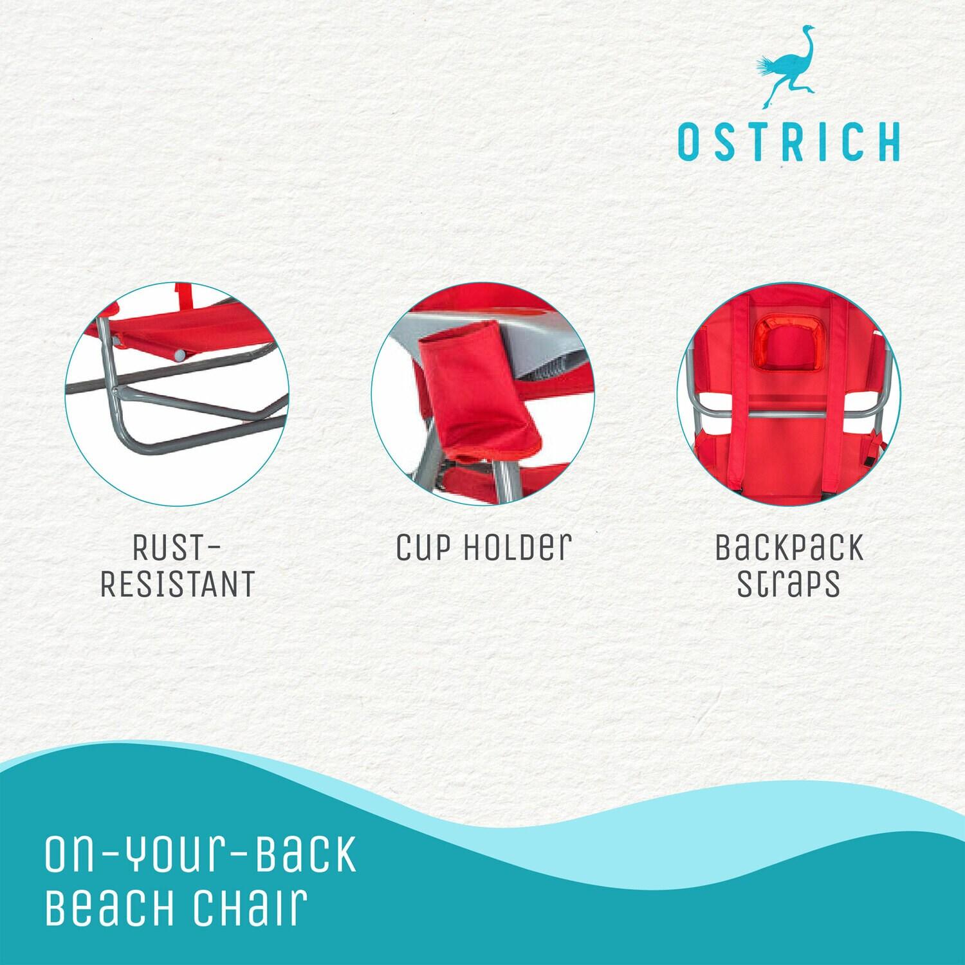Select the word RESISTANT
(x=178, y=584)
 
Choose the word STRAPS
(x=789, y=584)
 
